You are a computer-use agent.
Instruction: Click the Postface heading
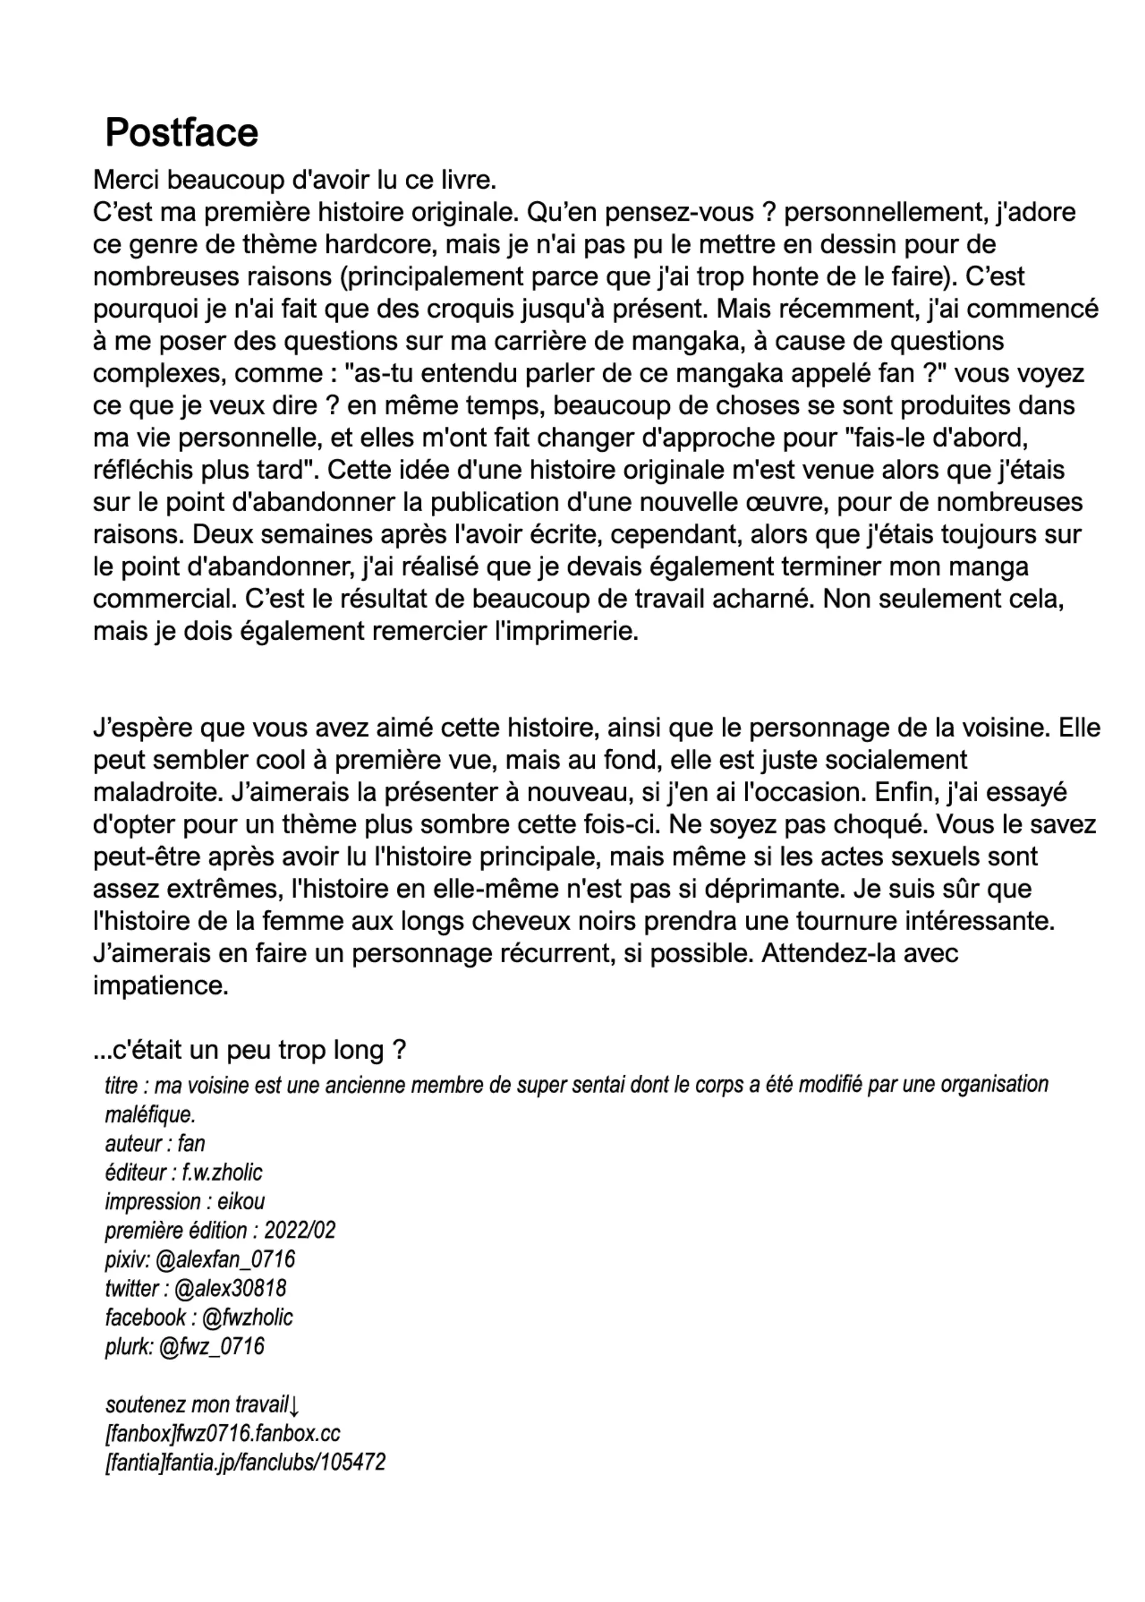coord(181,132)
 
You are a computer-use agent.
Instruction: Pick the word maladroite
coord(158,792)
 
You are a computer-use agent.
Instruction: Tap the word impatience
coord(160,986)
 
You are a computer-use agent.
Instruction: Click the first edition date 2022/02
coord(300,1230)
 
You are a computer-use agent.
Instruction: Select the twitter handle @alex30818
coord(230,1288)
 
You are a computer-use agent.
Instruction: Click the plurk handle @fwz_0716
coord(212,1346)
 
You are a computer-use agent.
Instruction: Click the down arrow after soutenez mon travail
coord(294,1405)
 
